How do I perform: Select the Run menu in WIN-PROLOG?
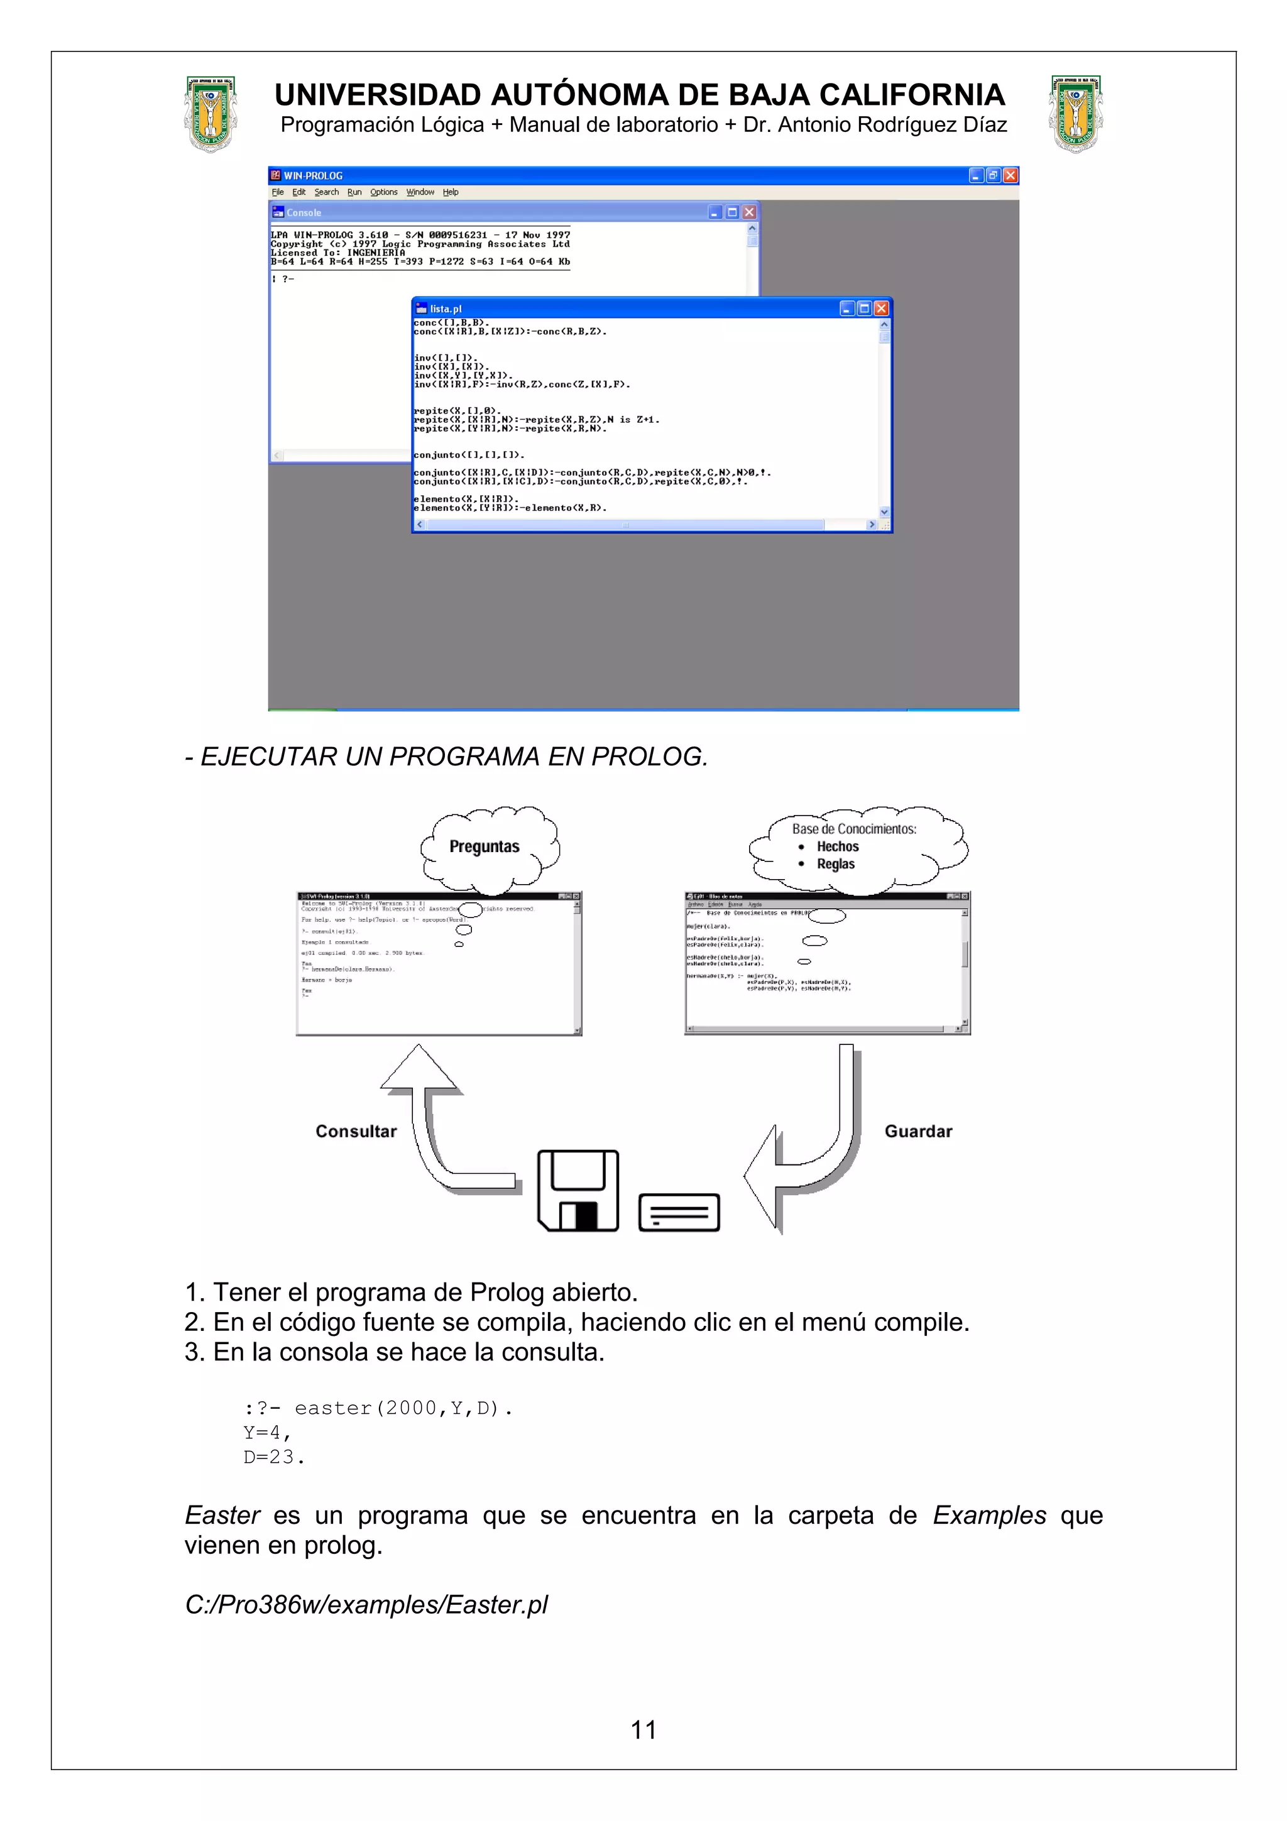[x=354, y=192]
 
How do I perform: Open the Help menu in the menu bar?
[x=451, y=192]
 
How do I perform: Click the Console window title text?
[x=304, y=212]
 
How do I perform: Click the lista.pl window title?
[x=445, y=309]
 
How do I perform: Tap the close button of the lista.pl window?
[x=881, y=309]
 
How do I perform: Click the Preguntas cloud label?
[x=484, y=846]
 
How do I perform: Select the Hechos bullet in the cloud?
[x=838, y=846]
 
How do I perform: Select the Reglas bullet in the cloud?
[x=835, y=864]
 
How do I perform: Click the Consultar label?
[x=356, y=1131]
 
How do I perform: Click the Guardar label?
[x=918, y=1131]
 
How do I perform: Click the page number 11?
[x=643, y=1730]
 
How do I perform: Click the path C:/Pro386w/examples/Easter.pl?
[x=366, y=1604]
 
